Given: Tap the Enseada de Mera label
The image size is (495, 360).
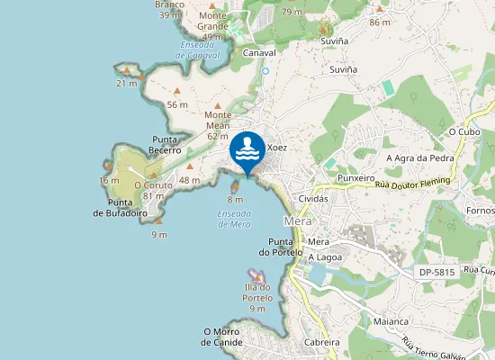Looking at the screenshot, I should pyautogui.click(x=235, y=219).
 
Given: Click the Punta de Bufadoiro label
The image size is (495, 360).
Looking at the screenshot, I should pyautogui.click(x=121, y=208).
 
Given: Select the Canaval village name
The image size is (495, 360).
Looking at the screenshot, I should pyautogui.click(x=259, y=53).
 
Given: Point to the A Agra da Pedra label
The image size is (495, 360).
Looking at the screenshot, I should pyautogui.click(x=420, y=158).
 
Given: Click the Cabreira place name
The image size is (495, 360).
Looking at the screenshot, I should pyautogui.click(x=321, y=342).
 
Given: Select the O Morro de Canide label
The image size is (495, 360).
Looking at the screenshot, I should pyautogui.click(x=222, y=337).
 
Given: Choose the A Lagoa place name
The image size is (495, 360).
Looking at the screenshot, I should pyautogui.click(x=324, y=257).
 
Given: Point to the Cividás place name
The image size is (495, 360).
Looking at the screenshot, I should pyautogui.click(x=313, y=198).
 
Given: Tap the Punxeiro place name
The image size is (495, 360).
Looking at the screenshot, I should pyautogui.click(x=355, y=178).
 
